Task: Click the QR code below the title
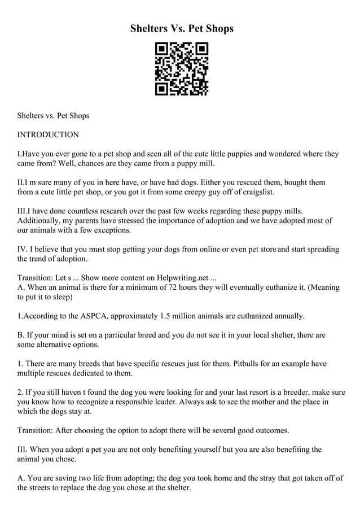tap(182, 69)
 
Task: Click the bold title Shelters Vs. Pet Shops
tap(182, 28)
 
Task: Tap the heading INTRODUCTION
tap(48, 135)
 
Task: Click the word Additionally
tap(42, 220)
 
